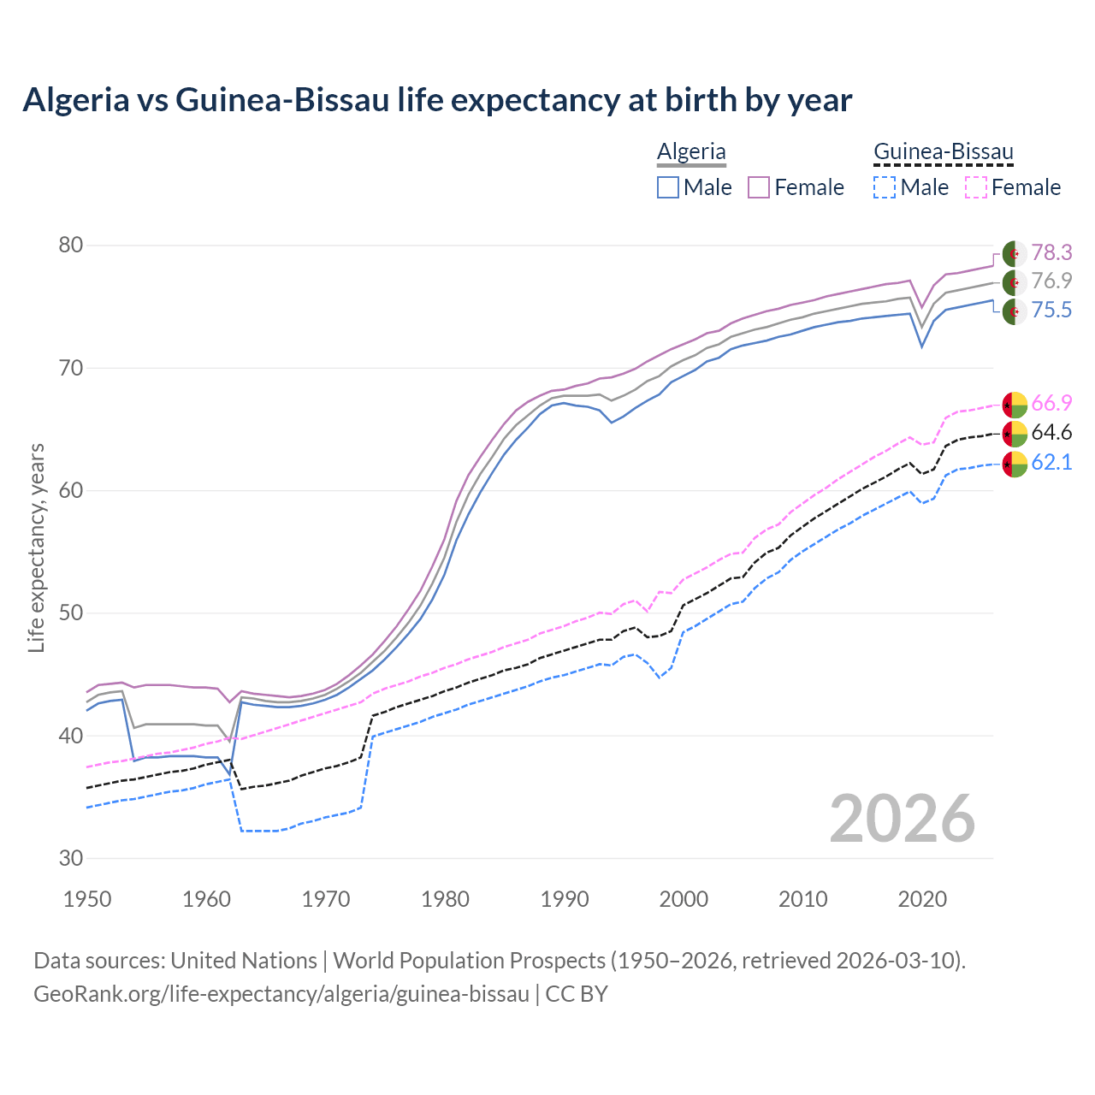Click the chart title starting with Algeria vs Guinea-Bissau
[x=437, y=100]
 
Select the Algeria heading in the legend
[x=691, y=151]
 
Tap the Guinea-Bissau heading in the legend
[x=943, y=151]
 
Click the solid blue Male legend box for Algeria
[x=668, y=187]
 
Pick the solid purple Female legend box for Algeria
[x=759, y=187]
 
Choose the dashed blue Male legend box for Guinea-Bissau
[x=885, y=187]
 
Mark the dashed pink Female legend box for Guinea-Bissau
[x=976, y=187]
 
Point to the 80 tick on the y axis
[x=71, y=246]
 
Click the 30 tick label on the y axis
[x=71, y=858]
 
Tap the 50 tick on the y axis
[x=71, y=613]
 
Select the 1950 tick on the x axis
[x=88, y=899]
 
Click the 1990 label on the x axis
[x=565, y=899]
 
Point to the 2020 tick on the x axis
[x=921, y=899]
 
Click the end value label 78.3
[x=1051, y=252]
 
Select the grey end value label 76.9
[x=1051, y=281]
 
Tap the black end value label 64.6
[x=1051, y=433]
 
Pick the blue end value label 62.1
[x=1051, y=463]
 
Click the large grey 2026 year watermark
[x=903, y=819]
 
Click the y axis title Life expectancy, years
[x=37, y=547]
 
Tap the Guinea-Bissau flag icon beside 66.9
[x=1015, y=405]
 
